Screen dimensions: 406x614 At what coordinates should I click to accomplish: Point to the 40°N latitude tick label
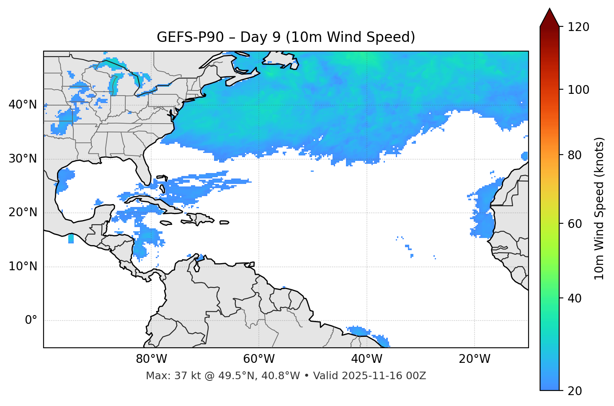click(23, 105)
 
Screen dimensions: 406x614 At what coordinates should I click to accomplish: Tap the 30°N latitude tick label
click(23, 159)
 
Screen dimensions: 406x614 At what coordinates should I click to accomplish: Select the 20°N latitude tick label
click(23, 212)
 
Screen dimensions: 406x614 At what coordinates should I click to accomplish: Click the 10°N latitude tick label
click(23, 266)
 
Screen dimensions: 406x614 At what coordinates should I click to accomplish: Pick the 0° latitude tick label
click(31, 321)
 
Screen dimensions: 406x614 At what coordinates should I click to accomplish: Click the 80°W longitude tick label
click(151, 359)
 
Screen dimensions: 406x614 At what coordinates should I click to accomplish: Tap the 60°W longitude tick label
click(259, 359)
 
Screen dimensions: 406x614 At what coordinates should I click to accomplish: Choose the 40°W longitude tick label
click(366, 359)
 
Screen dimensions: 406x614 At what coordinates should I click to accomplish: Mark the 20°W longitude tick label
click(474, 359)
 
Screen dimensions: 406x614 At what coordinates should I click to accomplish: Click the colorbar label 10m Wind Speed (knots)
click(599, 208)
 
